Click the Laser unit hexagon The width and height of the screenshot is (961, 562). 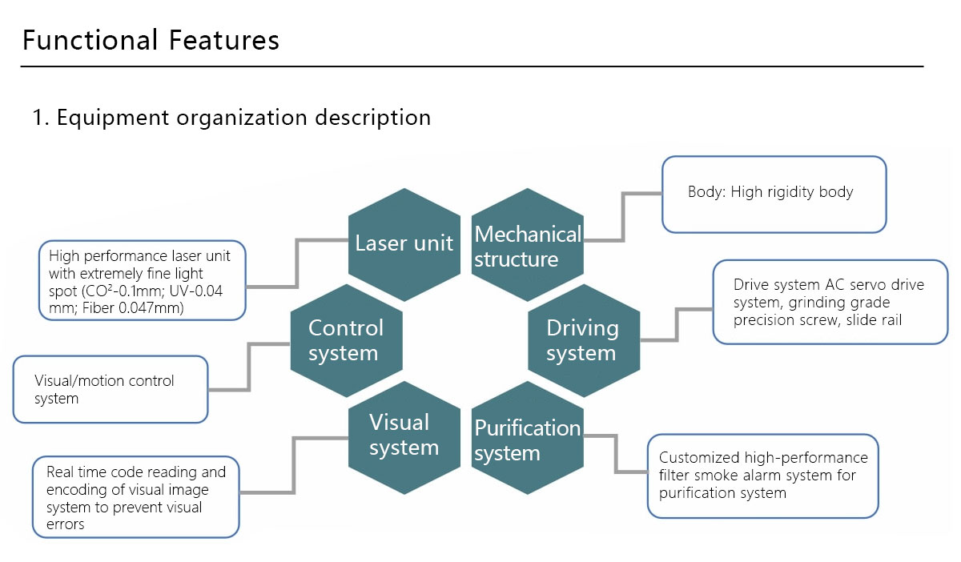click(404, 244)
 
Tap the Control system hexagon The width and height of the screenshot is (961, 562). click(346, 340)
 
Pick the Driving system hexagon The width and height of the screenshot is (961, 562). click(583, 340)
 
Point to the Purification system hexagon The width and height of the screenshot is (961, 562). click(528, 440)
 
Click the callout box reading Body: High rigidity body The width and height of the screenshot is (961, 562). click(774, 194)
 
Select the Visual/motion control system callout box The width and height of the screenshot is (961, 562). click(111, 389)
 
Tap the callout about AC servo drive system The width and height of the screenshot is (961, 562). click(830, 301)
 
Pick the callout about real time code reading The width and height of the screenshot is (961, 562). click(135, 496)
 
